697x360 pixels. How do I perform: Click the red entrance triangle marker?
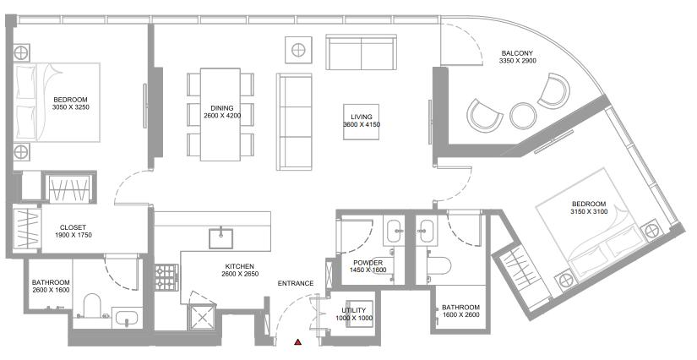(298, 341)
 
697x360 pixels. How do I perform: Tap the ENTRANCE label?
(296, 283)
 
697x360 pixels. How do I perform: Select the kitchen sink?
(221, 238)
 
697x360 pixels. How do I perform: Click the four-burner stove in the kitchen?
(166, 277)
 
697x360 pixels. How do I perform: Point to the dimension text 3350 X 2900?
(517, 61)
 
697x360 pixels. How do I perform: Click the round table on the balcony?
(523, 116)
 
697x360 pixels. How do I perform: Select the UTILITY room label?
(354, 310)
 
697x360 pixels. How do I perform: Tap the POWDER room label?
(368, 263)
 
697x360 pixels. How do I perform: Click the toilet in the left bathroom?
(93, 305)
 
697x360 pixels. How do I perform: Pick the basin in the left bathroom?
(127, 318)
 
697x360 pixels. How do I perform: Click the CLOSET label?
(73, 227)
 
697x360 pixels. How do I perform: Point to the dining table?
(221, 114)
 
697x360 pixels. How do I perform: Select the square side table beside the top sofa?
(298, 50)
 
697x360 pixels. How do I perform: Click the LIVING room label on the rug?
(362, 117)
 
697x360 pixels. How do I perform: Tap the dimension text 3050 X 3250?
(71, 107)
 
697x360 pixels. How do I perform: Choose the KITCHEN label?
(240, 267)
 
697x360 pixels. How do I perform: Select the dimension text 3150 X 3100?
(589, 211)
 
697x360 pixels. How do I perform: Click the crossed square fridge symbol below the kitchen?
(202, 318)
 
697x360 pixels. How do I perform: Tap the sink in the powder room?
(395, 230)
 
